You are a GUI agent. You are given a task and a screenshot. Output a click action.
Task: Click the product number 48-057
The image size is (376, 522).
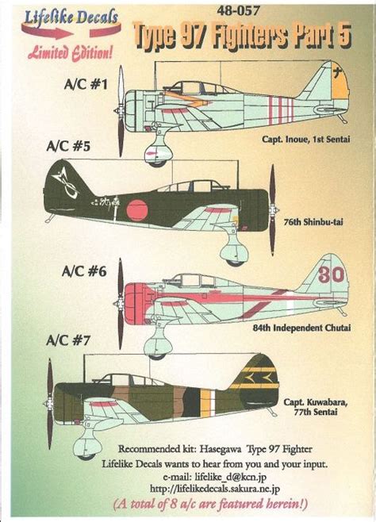coord(238,11)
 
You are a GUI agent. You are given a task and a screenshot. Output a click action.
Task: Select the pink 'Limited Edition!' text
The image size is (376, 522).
coord(71,52)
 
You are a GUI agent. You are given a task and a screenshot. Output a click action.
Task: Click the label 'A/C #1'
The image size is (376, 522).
coord(86,85)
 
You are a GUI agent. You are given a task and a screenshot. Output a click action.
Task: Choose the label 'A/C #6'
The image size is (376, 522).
coord(84,271)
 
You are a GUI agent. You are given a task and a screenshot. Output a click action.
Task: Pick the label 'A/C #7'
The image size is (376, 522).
coord(68,340)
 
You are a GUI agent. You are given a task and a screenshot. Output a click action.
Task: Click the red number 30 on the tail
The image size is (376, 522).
coord(331,274)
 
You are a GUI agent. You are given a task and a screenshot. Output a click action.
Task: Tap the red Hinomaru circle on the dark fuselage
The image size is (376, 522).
coord(137,210)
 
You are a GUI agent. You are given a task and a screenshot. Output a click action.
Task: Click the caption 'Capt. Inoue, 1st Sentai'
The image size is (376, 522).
coord(305,139)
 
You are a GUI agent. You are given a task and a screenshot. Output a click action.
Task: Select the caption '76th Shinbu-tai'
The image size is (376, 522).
coord(313,221)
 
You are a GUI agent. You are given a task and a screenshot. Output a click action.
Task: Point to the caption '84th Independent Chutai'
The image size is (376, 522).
coord(301,328)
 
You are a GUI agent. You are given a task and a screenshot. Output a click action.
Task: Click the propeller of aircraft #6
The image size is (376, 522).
coord(120,304)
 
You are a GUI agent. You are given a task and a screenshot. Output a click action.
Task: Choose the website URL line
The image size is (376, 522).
coord(215,489)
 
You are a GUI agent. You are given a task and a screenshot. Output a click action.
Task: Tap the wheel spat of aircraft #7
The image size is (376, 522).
coord(87,445)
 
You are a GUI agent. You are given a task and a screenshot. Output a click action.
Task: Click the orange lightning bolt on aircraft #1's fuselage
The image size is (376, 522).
coord(186,98)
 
